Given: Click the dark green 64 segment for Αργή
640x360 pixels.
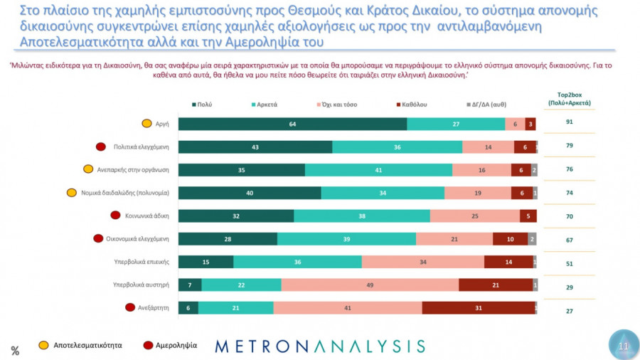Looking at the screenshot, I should click(292, 124).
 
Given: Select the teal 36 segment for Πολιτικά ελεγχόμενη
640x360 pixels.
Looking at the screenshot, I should click(397, 147).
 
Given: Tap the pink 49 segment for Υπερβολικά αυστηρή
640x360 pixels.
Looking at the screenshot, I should click(369, 285).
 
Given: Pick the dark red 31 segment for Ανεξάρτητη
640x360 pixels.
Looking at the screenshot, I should click(478, 307).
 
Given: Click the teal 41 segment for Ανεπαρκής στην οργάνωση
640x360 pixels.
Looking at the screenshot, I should click(378, 170).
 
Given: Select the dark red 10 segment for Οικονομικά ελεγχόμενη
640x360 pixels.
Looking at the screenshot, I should click(511, 239).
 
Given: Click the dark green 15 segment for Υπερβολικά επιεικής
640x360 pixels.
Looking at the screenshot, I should click(206, 262).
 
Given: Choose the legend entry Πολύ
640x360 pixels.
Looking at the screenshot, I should click(202, 105).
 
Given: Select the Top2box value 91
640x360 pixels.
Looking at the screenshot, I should click(570, 123).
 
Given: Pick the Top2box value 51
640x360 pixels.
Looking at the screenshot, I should click(570, 262).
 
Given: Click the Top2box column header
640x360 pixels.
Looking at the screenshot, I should click(570, 99).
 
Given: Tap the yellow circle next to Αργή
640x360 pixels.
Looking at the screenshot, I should click(147, 124).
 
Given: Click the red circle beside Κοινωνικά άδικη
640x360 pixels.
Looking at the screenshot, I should click(115, 216).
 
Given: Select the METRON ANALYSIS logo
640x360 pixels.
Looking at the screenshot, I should click(319, 346).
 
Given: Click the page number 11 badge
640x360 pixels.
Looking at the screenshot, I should click(624, 345).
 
